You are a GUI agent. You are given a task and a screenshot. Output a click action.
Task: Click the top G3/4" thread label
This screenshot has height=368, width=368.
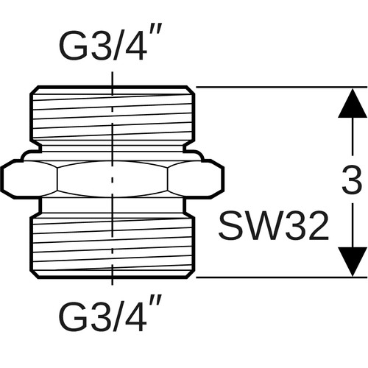click(110, 43)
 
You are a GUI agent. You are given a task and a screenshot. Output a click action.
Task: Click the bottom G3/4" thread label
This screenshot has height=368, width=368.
click(110, 314)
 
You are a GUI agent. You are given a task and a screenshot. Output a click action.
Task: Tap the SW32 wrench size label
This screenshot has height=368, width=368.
click(273, 226)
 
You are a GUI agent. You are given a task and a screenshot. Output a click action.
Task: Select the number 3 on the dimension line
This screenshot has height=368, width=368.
click(353, 180)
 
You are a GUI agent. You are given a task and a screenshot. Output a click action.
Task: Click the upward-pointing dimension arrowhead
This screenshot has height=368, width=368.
click(353, 103)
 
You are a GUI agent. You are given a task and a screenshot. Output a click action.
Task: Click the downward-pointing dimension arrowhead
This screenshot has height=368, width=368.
click(353, 261)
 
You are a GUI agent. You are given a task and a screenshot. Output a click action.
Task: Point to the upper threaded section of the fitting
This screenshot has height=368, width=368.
click(113, 114)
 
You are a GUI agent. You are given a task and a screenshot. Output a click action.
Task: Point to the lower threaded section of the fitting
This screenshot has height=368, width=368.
click(113, 247)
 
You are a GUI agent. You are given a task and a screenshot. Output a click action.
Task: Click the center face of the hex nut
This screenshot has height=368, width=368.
click(113, 179)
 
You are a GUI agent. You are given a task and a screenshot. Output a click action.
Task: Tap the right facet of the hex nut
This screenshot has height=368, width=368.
click(196, 179)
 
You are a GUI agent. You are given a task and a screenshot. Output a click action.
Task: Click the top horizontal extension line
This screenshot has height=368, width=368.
click(282, 87)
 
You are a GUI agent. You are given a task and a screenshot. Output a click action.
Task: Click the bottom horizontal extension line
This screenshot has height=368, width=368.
click(282, 277)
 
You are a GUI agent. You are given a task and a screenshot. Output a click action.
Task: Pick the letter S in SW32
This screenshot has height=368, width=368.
click(230, 226)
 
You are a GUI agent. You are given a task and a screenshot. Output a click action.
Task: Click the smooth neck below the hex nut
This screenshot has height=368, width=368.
click(113, 207)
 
